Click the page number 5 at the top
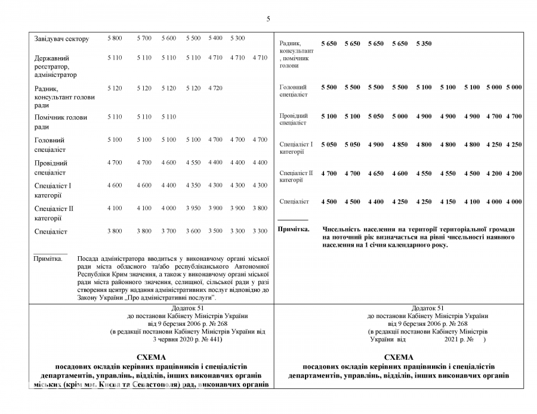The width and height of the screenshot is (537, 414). click(268, 19)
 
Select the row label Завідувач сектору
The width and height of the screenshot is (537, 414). click(61, 39)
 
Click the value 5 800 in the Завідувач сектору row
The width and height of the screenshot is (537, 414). click(115, 38)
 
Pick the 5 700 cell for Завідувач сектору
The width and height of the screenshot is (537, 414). click(144, 38)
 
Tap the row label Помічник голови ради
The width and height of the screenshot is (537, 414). click(60, 122)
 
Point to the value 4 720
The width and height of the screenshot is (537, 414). click(215, 88)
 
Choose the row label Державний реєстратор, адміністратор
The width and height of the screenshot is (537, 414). click(55, 66)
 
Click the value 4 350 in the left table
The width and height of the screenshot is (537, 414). click(193, 185)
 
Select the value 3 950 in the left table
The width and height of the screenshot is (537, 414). click(193, 208)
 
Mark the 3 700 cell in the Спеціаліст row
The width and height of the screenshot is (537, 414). click(169, 231)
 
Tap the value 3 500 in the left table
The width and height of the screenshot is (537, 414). click(215, 231)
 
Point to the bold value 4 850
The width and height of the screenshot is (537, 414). click(400, 144)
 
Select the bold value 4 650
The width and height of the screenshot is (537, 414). click(376, 173)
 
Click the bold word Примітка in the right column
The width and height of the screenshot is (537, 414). click(294, 229)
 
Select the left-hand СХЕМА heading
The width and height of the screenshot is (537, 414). click(151, 356)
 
